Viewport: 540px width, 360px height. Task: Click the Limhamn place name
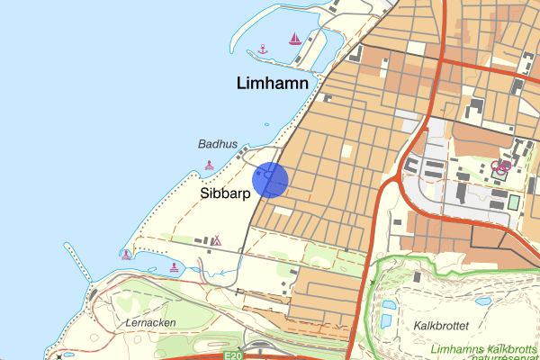(271, 84)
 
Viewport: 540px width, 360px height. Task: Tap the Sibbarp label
(224, 193)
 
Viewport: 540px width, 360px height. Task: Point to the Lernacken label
(151, 322)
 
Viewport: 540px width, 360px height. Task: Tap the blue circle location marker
(269, 179)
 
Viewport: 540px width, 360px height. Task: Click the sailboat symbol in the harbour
(294, 39)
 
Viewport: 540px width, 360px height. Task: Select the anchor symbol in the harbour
(262, 49)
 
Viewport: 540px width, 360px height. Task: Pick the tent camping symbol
(216, 240)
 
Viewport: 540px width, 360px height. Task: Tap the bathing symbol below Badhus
(210, 166)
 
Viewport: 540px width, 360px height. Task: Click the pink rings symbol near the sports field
(502, 165)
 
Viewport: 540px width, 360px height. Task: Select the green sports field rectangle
(513, 202)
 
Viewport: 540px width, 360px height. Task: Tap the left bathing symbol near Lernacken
(126, 254)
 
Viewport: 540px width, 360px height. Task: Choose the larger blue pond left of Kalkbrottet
(388, 317)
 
